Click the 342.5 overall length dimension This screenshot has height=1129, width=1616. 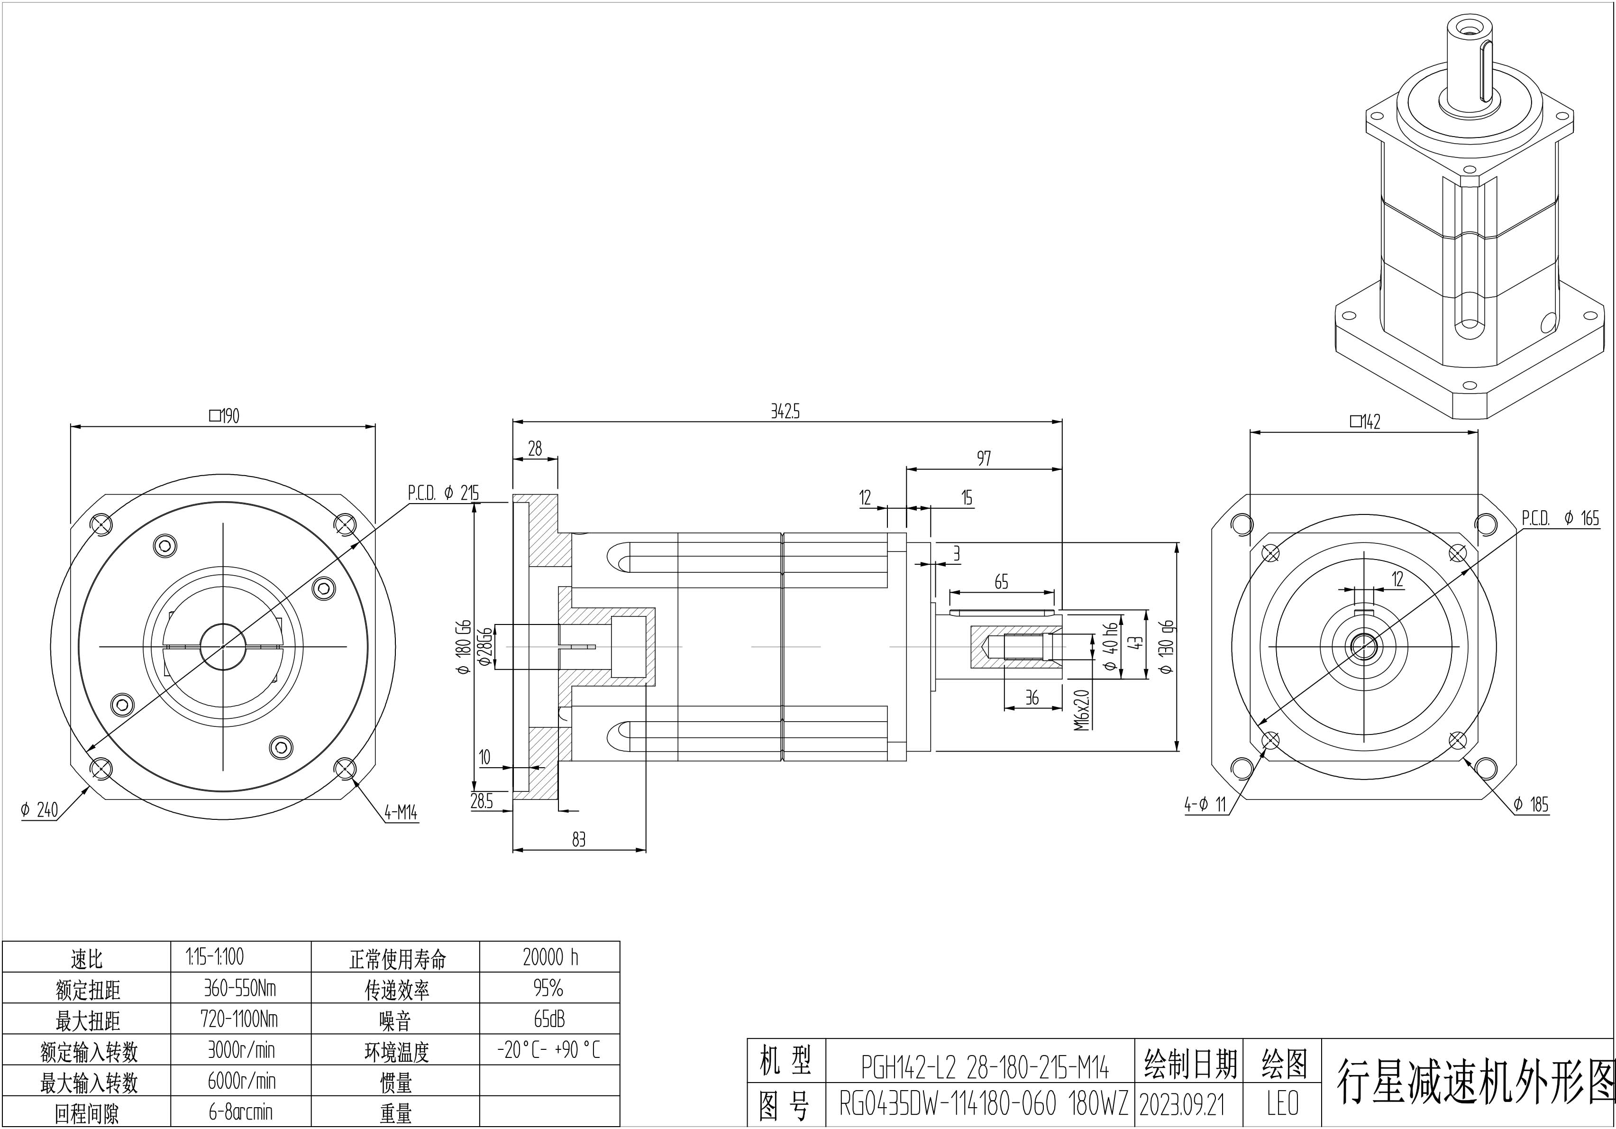pyautogui.click(x=785, y=412)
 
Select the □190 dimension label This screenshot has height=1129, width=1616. pyautogui.click(x=225, y=416)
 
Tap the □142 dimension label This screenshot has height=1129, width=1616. pyautogui.click(x=1365, y=422)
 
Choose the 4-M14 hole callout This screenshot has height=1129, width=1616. pyautogui.click(x=401, y=813)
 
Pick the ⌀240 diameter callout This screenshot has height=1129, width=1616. pyautogui.click(x=39, y=810)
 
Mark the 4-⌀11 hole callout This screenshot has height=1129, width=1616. pyautogui.click(x=1205, y=804)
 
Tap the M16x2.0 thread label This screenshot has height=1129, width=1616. pyautogui.click(x=1082, y=709)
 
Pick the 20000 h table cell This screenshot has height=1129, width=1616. pyautogui.click(x=550, y=956)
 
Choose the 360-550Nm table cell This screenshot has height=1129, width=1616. pyautogui.click(x=240, y=988)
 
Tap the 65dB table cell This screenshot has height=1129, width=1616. pyautogui.click(x=549, y=1019)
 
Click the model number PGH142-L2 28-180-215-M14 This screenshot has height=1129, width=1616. pyautogui.click(x=985, y=1068)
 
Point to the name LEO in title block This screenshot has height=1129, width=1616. pyautogui.click(x=1282, y=1104)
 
